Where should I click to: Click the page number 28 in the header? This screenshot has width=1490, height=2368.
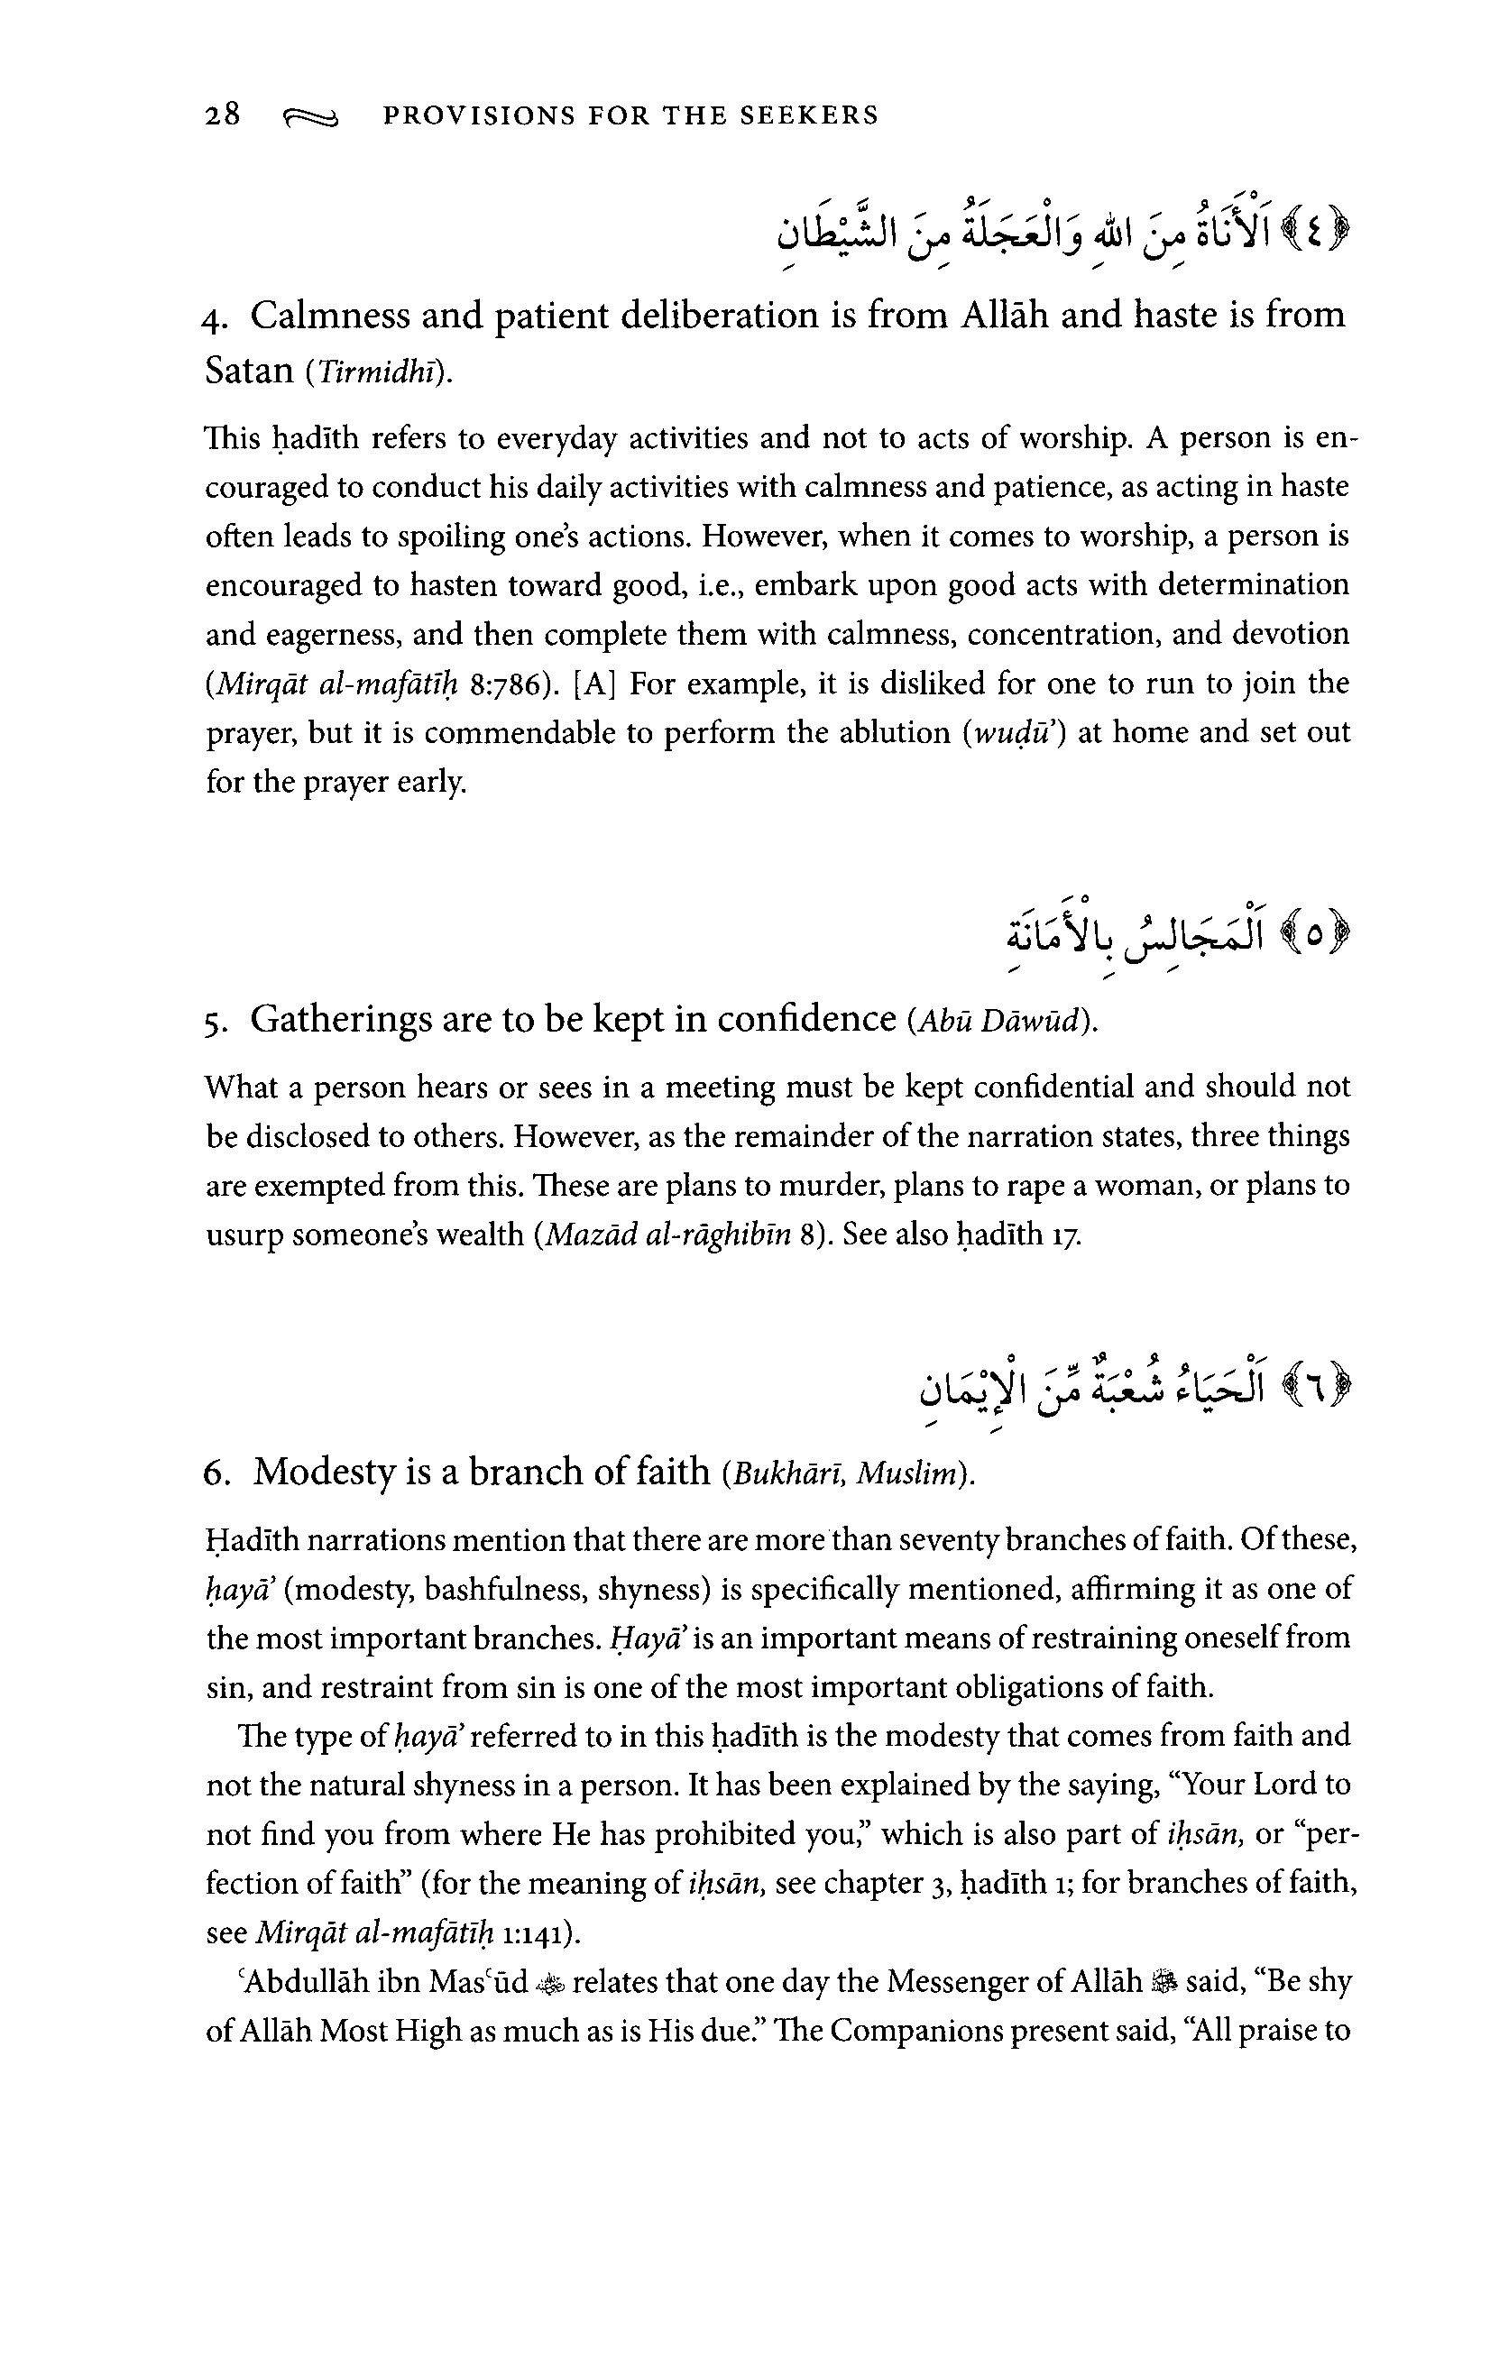(x=222, y=116)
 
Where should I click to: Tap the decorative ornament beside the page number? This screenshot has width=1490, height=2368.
(x=311, y=119)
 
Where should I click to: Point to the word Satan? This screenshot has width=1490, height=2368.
(x=249, y=371)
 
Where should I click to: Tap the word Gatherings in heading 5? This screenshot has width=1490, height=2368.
(x=340, y=1020)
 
